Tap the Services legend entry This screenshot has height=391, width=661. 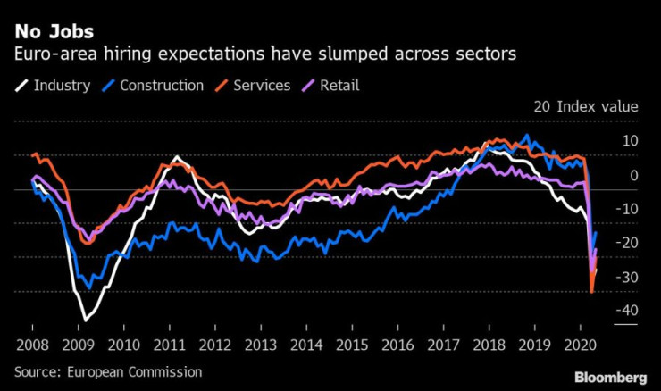coord(262,86)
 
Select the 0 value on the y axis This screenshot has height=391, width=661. coord(633,175)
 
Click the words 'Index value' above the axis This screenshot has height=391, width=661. coord(598,106)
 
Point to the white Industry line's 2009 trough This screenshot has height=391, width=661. coord(87,320)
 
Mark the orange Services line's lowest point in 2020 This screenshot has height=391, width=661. coord(592,291)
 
